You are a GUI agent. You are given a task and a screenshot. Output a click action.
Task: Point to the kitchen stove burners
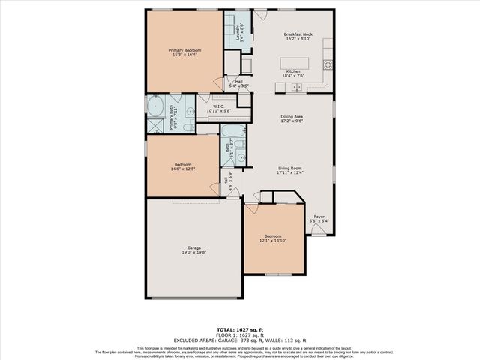(x=328, y=64)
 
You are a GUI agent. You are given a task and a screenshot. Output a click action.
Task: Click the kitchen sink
(x=296, y=88)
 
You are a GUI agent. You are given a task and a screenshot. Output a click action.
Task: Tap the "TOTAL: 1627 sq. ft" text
(x=240, y=329)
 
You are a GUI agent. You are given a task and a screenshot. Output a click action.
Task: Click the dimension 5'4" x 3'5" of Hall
(x=239, y=86)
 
